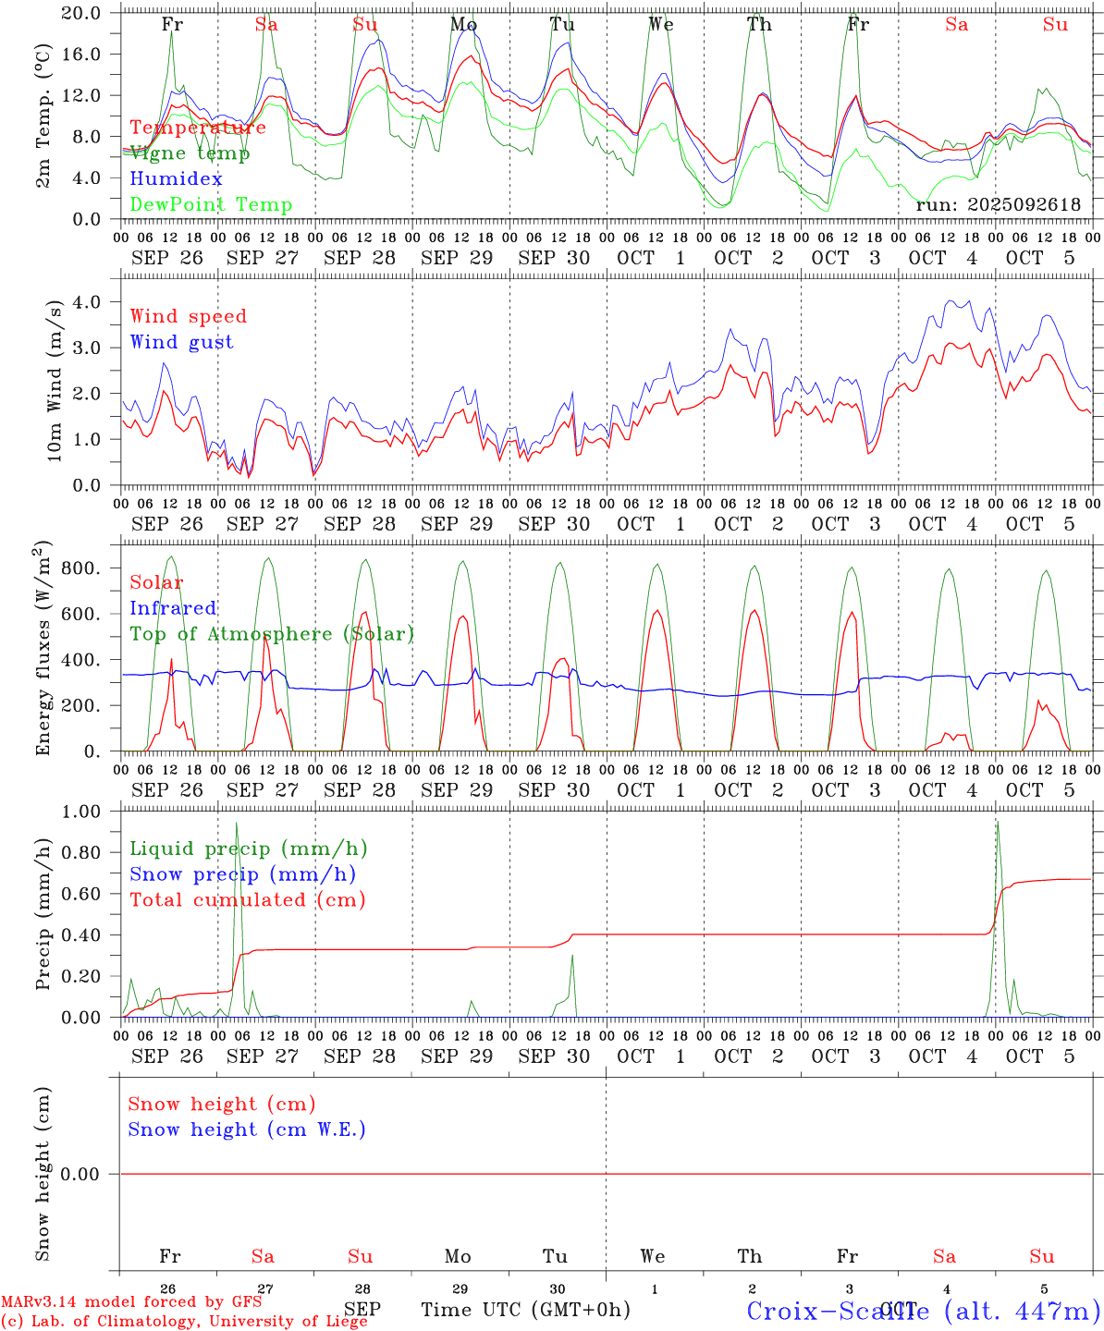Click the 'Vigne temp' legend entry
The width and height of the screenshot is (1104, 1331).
tap(190, 153)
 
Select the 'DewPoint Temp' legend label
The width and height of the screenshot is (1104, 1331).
tap(211, 204)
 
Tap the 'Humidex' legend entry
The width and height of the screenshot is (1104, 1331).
tap(176, 178)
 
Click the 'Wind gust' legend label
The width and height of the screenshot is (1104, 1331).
tap(181, 342)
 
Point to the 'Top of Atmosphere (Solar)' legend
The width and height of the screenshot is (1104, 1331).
tap(272, 634)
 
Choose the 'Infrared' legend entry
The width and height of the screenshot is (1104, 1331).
tap(173, 608)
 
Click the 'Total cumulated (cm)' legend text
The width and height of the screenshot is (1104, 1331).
tap(247, 899)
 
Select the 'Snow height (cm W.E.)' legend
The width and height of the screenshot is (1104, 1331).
tap(247, 1130)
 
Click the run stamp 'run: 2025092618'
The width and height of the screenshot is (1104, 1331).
tap(998, 204)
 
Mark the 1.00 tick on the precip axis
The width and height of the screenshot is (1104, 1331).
tap(82, 812)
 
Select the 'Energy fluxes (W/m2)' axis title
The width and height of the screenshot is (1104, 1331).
tap(43, 647)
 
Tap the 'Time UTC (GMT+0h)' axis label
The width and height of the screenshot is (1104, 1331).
tap(525, 1310)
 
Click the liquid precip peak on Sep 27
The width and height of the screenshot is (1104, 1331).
tap(237, 823)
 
